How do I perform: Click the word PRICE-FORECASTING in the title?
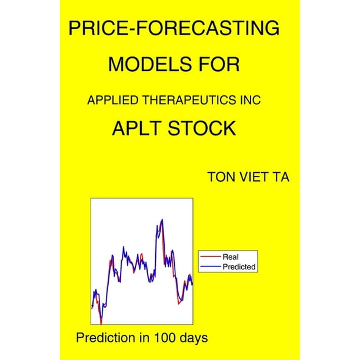point(174,28)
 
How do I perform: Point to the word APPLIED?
point(112,100)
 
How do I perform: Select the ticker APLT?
point(138,128)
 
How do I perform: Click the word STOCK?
point(202,128)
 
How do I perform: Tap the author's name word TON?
point(222,177)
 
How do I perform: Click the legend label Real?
point(231,256)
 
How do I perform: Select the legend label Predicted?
point(239,267)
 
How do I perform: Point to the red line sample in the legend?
point(211,256)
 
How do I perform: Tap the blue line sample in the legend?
point(211,266)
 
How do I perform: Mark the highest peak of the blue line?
point(162,219)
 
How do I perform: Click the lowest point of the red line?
point(101,324)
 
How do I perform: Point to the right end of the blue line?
point(192,285)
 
